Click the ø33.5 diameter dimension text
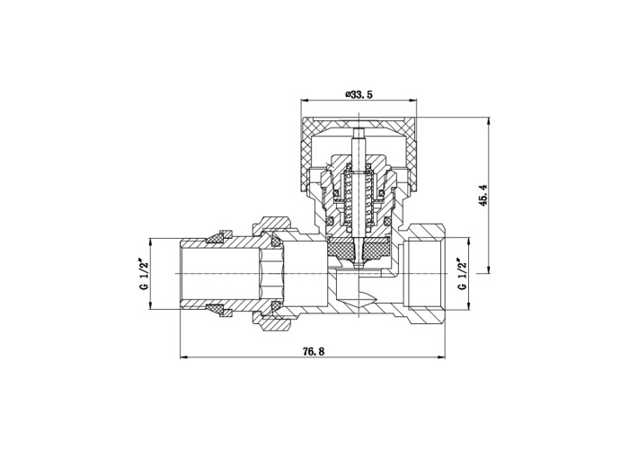(x=359, y=94)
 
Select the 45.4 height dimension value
(x=483, y=195)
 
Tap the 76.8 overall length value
(x=314, y=351)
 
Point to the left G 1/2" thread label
(x=145, y=274)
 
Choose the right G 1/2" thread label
(x=463, y=274)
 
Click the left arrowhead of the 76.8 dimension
(x=183, y=357)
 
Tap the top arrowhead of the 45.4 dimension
(x=489, y=121)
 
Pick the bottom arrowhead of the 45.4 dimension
(x=489, y=269)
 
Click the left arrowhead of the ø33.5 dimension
(x=305, y=101)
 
